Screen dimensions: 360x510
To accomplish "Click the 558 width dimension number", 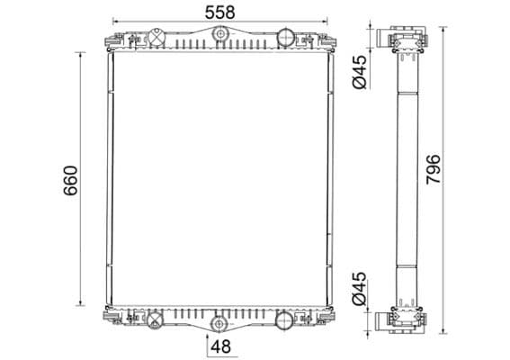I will [219, 12].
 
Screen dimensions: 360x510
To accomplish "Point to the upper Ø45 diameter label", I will [358, 72].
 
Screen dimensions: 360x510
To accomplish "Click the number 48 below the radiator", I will [222, 346].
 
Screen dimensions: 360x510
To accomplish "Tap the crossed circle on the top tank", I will [154, 39].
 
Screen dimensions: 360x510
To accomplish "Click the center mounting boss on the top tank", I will [219, 35].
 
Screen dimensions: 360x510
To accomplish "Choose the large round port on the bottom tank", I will [283, 318].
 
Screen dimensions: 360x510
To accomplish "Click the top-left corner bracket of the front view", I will [114, 42].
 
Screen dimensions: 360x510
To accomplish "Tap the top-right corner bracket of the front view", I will [324, 42].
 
